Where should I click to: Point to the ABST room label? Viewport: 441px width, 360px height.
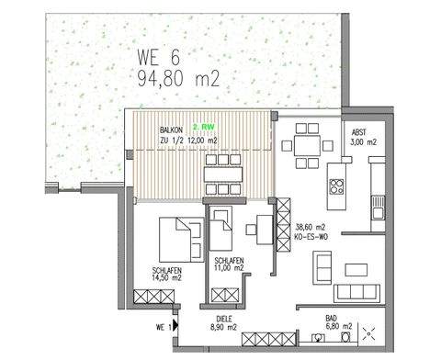[x=359, y=132]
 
